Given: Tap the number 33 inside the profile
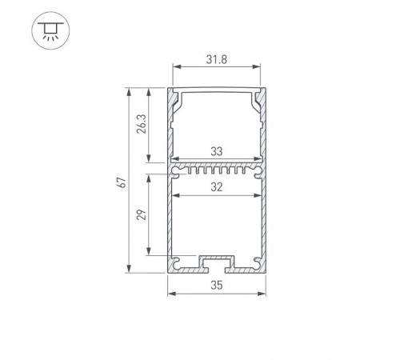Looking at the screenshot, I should [x=217, y=150].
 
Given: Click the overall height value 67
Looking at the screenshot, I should [x=120, y=181].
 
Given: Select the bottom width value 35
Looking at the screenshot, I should [x=217, y=285].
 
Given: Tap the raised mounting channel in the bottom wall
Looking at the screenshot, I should [x=217, y=261].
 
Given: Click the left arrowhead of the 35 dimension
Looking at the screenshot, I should [x=170, y=294].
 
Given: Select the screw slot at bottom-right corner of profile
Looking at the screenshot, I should [x=258, y=262].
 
